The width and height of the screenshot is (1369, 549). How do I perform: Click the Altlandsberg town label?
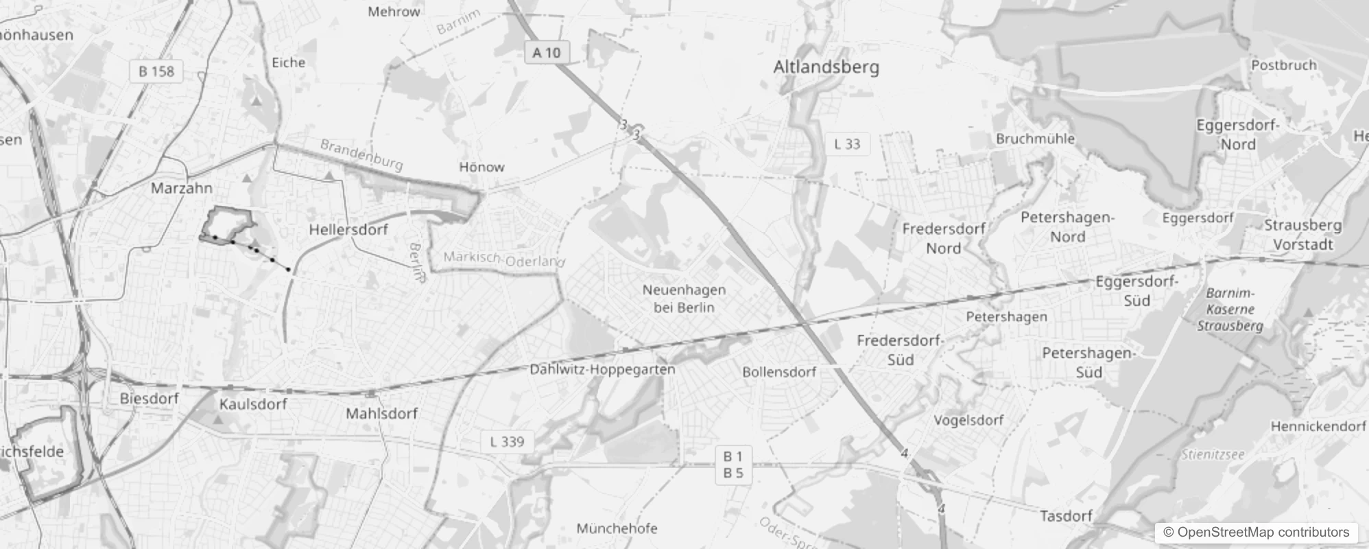826,67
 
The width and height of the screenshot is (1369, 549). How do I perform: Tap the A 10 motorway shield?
547,52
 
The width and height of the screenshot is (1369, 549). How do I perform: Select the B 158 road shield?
156,71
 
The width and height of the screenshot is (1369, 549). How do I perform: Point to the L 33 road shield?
847,144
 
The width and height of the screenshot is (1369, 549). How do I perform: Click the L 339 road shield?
507,442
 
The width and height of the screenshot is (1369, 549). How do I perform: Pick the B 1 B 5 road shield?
733,465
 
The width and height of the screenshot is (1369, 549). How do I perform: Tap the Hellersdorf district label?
348,229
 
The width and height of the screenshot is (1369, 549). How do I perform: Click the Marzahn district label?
182,187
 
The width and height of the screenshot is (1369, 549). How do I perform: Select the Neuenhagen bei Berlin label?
684,299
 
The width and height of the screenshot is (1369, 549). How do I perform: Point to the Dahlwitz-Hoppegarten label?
602,369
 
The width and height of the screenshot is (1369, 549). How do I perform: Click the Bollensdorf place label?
779,372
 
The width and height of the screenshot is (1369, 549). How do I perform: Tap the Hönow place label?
481,167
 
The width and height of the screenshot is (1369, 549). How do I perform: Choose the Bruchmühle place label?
1035,139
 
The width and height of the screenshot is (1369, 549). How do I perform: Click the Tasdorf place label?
1066,516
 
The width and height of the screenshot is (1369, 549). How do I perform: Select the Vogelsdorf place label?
968,420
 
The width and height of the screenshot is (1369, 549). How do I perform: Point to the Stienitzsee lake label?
1213,454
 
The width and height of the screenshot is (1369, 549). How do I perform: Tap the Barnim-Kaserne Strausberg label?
1230,309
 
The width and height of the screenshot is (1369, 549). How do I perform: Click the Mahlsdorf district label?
381,414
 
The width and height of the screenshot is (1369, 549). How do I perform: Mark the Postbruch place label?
1284,65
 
